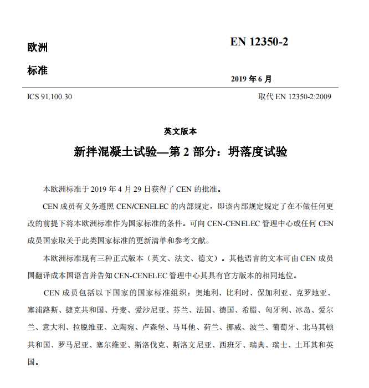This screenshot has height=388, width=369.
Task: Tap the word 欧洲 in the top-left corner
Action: [x=37, y=48]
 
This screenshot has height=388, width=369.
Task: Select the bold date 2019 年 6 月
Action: [x=252, y=79]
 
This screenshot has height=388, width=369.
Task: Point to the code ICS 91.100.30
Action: [x=49, y=97]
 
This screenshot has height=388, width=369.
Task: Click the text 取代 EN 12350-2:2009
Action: [x=295, y=97]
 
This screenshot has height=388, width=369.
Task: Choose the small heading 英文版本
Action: [x=180, y=131]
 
